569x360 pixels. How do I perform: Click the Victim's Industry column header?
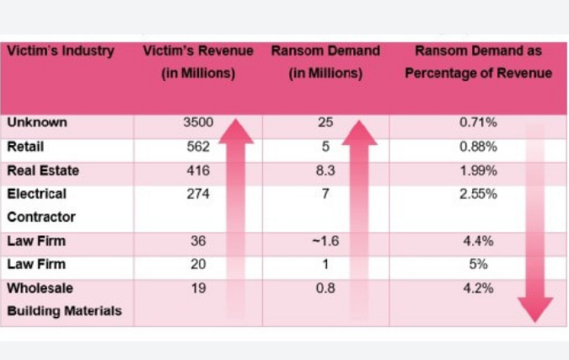point(61,51)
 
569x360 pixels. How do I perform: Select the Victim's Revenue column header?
point(197,62)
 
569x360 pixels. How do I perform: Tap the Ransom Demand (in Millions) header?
point(325,62)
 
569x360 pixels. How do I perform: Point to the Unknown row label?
point(37,122)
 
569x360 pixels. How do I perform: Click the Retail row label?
point(25,147)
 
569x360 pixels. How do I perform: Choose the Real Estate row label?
point(43,170)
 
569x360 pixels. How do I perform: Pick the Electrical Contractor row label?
point(41,205)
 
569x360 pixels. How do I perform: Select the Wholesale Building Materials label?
point(64,299)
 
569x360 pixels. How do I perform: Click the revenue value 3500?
point(197,122)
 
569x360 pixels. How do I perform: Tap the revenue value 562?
point(197,147)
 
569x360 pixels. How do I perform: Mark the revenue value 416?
point(197,170)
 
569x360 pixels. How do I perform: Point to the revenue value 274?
point(197,194)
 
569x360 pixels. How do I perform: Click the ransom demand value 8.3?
point(325,170)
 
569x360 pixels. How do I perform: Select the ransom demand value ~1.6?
point(325,241)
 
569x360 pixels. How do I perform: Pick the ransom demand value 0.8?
point(325,288)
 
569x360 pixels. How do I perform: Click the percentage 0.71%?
point(478,122)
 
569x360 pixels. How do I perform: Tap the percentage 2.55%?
point(478,194)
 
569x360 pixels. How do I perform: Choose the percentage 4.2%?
point(478,288)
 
